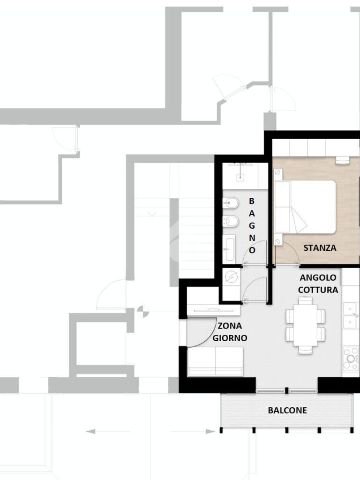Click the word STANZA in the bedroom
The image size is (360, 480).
pos(320,247)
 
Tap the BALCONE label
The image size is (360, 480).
pos(287,410)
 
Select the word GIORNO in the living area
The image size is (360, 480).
pos(230,338)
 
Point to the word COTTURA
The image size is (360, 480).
pos(318,290)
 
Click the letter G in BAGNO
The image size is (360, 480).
pos(252,225)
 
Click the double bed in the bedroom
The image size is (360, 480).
pos(305,207)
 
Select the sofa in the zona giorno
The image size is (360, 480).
pos(216,361)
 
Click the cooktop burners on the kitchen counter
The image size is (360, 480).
pos(351,358)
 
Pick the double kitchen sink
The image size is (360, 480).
pos(351,315)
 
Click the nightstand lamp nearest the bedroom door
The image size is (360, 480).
pos(277,242)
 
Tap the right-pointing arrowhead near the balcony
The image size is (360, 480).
pos(210,432)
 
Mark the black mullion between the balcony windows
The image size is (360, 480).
pos(286,390)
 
